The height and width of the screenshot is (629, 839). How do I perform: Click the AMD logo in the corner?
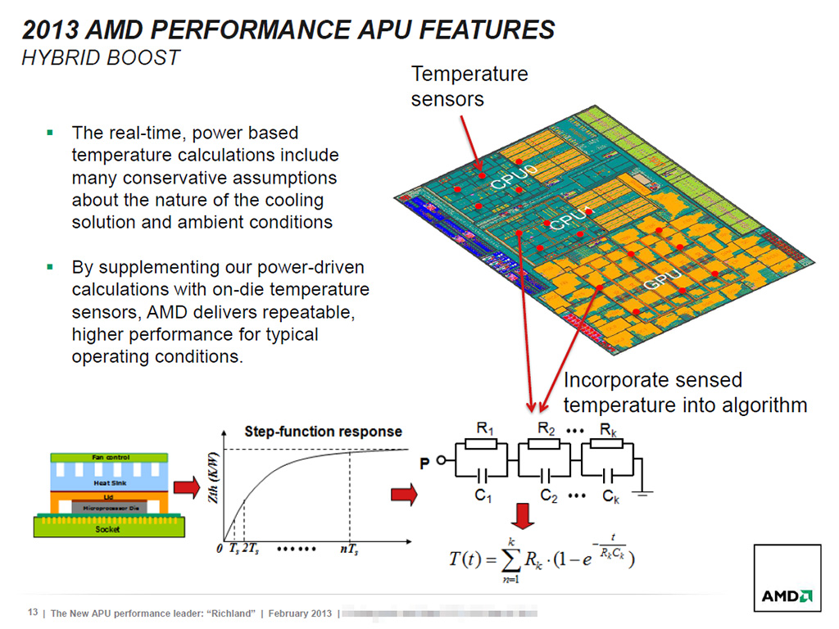(x=787, y=596)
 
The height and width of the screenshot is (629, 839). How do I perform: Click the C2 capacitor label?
(x=549, y=496)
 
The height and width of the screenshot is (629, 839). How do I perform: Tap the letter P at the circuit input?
(x=425, y=464)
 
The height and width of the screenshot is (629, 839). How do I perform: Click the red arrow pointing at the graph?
(x=188, y=489)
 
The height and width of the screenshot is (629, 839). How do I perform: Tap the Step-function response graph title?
(x=324, y=431)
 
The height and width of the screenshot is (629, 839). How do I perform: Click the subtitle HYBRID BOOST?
(x=101, y=57)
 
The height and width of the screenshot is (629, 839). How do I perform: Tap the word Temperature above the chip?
(x=469, y=75)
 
